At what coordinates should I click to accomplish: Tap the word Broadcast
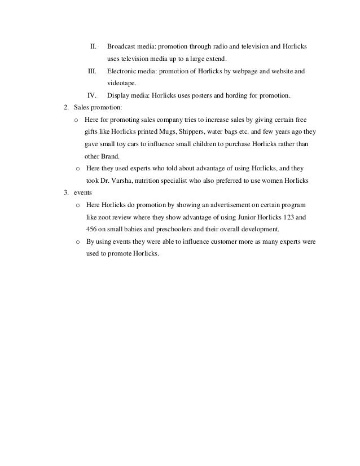pyautogui.click(x=122, y=45)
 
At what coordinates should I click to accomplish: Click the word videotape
pyautogui.click(x=122, y=83)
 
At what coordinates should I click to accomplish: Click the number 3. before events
pyautogui.click(x=67, y=193)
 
